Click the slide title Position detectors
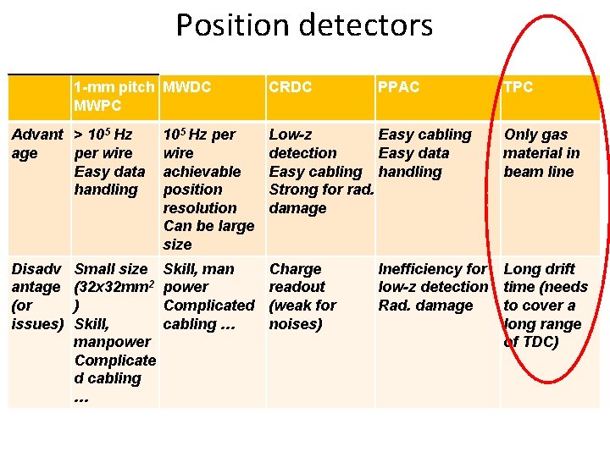click(x=304, y=25)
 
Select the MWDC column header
click(x=187, y=87)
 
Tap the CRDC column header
click(x=290, y=87)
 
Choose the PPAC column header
click(x=398, y=87)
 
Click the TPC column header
click(x=518, y=87)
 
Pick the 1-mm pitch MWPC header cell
click(x=114, y=96)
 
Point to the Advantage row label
click(x=36, y=144)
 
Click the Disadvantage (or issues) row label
click(x=36, y=296)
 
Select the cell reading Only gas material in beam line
click(x=541, y=153)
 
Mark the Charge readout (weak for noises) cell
click(x=302, y=296)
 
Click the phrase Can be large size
click(x=208, y=235)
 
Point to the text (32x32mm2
click(x=114, y=287)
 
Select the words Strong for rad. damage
click(x=320, y=199)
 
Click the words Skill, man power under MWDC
click(x=198, y=278)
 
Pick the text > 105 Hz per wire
click(x=103, y=144)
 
